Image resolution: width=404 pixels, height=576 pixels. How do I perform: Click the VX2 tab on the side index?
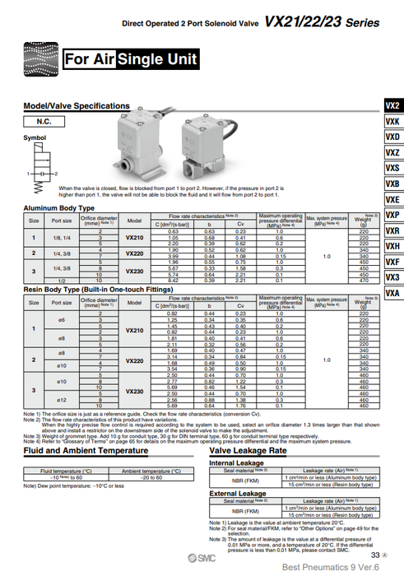point(392,105)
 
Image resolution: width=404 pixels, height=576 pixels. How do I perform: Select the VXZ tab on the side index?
point(392,152)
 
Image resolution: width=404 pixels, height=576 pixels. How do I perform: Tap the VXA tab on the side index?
point(392,294)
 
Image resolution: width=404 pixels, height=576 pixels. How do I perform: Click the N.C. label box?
point(45,121)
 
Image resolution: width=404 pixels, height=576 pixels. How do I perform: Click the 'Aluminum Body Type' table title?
point(58,208)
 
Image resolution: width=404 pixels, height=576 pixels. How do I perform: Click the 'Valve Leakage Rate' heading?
point(248,451)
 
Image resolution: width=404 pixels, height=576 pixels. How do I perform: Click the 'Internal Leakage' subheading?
point(236,462)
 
